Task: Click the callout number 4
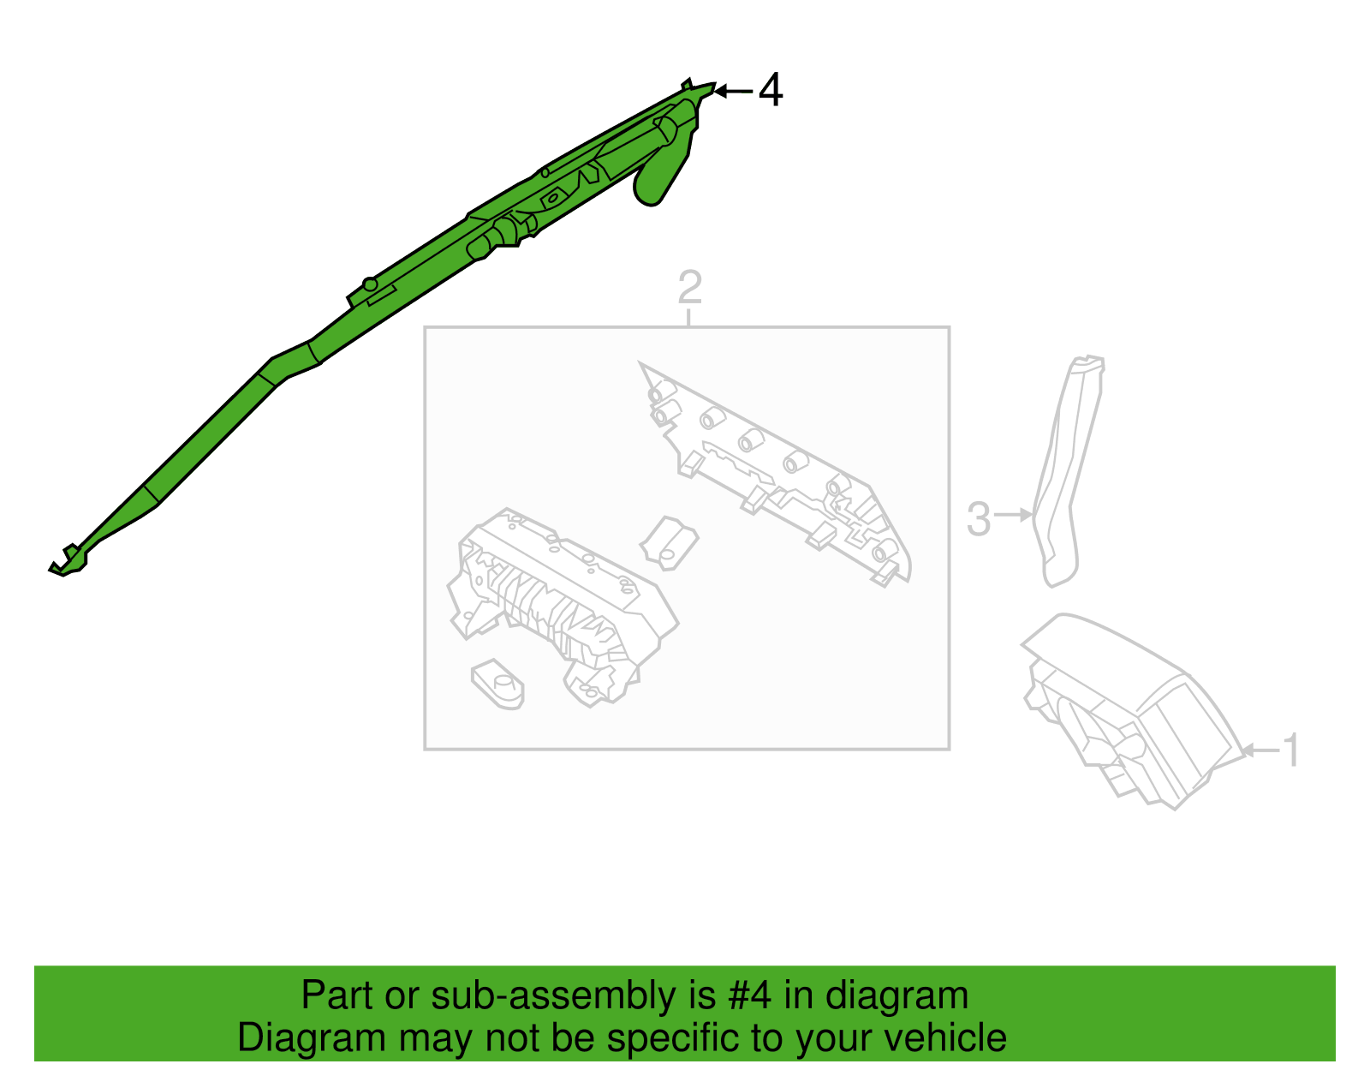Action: [x=771, y=90]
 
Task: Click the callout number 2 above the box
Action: [x=689, y=287]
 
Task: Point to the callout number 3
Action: [x=979, y=519]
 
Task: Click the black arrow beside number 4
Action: [x=733, y=92]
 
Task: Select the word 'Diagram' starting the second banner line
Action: [x=312, y=1038]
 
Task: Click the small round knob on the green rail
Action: [x=370, y=284]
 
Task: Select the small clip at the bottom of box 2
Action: [x=497, y=684]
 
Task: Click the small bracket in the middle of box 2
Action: [x=669, y=543]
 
